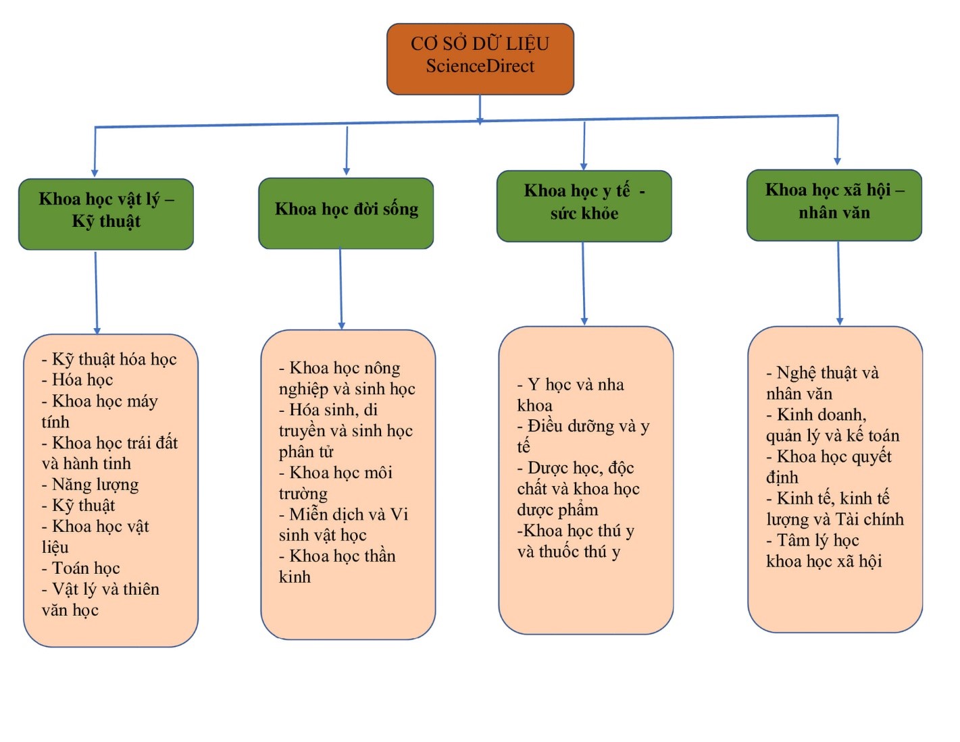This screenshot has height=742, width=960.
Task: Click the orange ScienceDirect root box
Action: click(480, 59)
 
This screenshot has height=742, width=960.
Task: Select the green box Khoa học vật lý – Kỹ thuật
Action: click(106, 213)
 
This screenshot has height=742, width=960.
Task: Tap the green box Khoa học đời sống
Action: click(346, 213)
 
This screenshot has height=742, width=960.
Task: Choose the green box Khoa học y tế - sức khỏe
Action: click(584, 205)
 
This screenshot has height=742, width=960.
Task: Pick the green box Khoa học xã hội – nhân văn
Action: click(834, 205)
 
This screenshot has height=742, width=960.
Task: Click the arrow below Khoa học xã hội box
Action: click(839, 284)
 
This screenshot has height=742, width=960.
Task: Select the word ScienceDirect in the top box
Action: click(480, 66)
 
